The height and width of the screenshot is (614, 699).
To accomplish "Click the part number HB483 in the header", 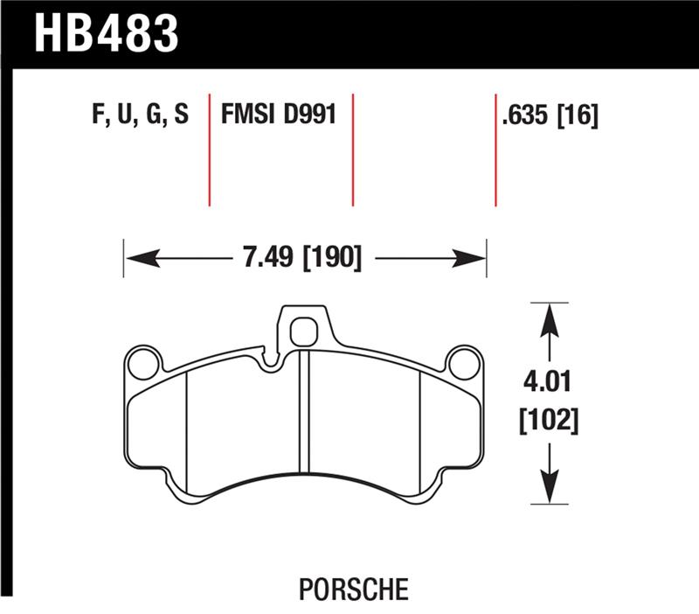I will pyautogui.click(x=106, y=34).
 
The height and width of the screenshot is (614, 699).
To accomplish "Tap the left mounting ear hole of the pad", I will pyautogui.click(x=142, y=363).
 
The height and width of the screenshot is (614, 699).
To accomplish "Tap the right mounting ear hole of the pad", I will pyautogui.click(x=464, y=362).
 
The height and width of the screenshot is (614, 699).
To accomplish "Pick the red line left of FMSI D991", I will pyautogui.click(x=210, y=149).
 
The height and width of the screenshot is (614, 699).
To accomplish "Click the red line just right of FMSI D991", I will pyautogui.click(x=353, y=149).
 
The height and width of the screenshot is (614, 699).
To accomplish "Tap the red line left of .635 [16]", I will pyautogui.click(x=495, y=149).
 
